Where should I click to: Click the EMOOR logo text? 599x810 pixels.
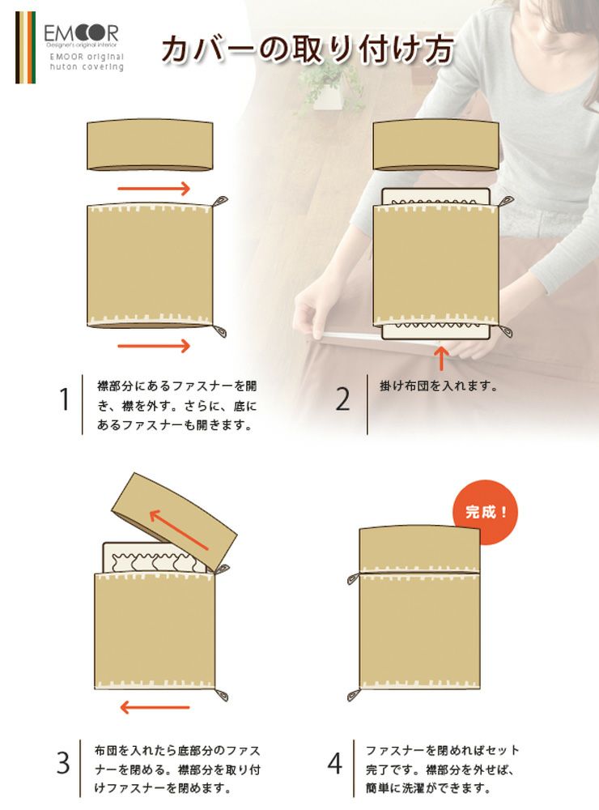coord(81,33)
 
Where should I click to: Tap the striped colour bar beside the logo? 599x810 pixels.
coord(25,47)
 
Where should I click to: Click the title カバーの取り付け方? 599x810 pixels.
coord(308,49)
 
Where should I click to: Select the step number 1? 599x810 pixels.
coord(64,399)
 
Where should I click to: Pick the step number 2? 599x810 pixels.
coord(343,399)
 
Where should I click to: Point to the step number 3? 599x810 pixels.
coord(63,763)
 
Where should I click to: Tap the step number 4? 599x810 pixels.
coord(335,763)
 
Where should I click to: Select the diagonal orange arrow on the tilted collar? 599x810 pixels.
coord(179,530)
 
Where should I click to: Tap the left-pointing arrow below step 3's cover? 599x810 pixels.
coord(155,707)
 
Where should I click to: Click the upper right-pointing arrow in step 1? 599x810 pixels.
coord(155,189)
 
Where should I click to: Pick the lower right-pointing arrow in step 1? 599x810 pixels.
coord(155,346)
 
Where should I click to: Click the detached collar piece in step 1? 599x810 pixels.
coord(150,146)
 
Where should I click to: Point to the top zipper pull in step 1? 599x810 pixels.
coord(220,200)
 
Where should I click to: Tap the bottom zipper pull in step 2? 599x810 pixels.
coord(506,331)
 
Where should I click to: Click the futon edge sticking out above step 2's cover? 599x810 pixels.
coord(435,197)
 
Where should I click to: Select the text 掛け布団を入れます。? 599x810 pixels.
coord(439,386)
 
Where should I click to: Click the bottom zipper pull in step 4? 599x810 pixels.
coord(354,695)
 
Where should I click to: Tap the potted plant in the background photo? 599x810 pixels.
coord(326,87)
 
